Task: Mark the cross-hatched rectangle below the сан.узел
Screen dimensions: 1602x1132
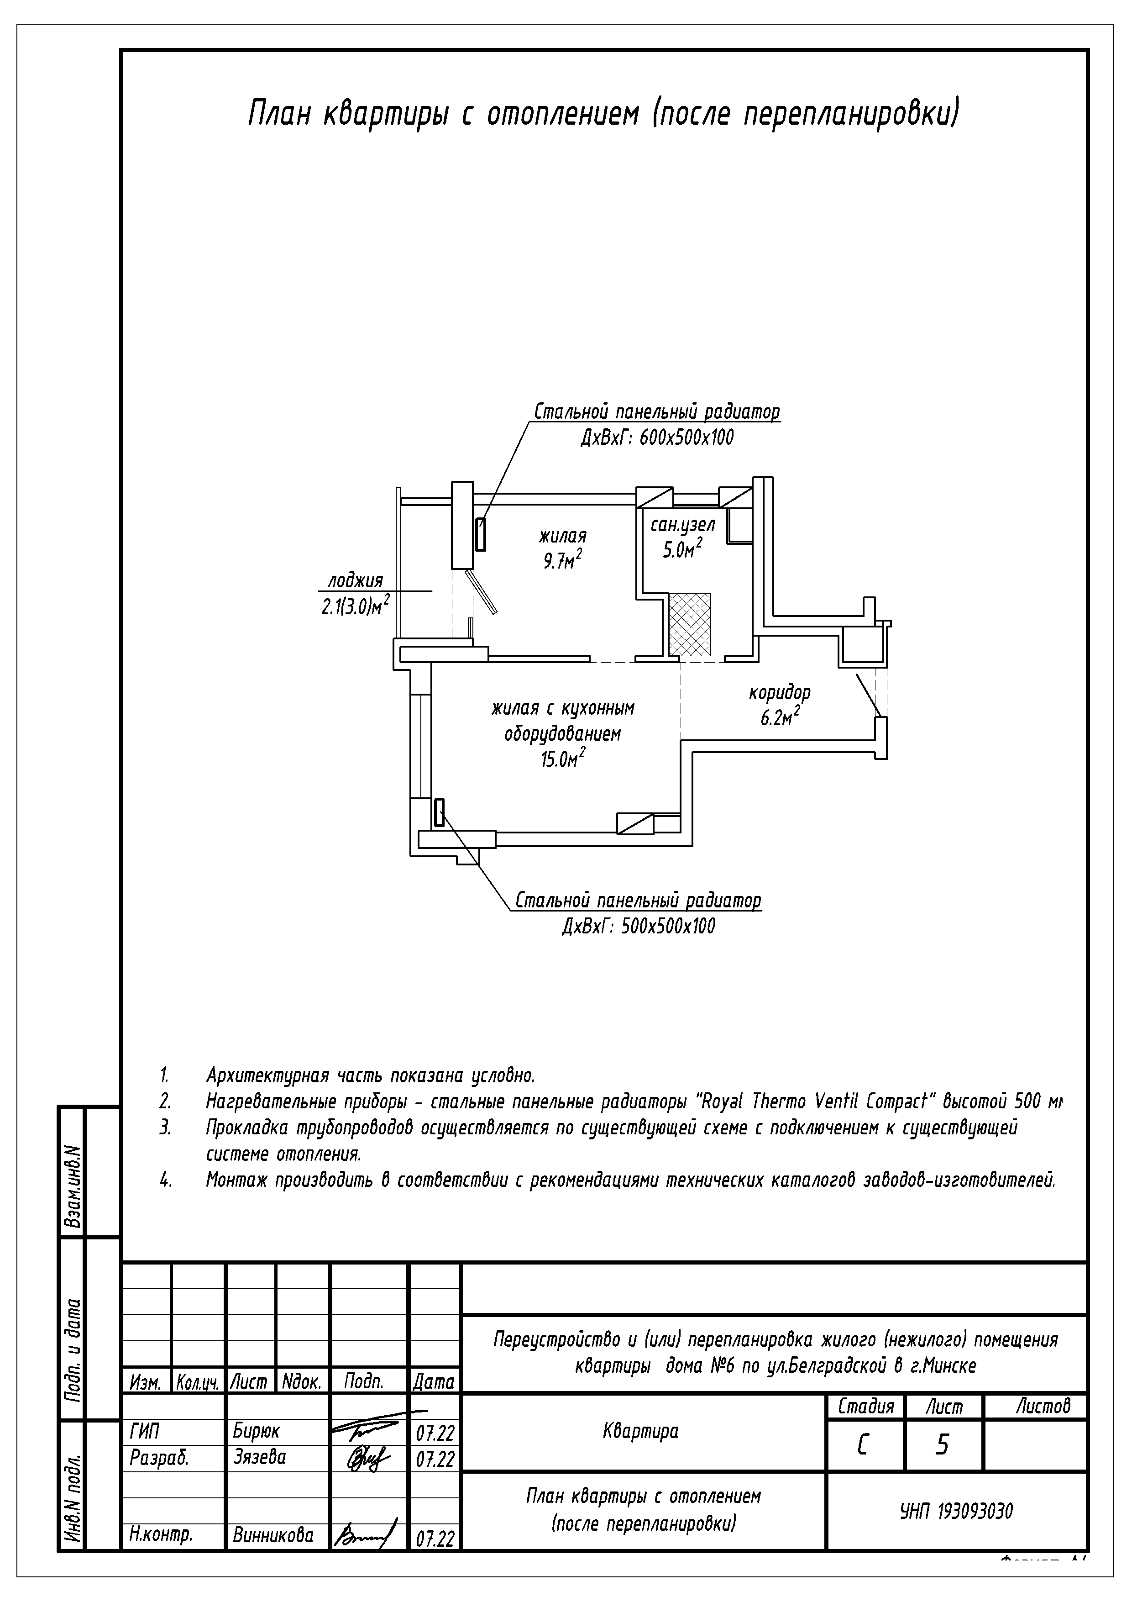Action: coord(690,624)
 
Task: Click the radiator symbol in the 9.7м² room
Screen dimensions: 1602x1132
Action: coord(481,534)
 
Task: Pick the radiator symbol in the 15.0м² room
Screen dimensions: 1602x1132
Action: coord(440,813)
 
